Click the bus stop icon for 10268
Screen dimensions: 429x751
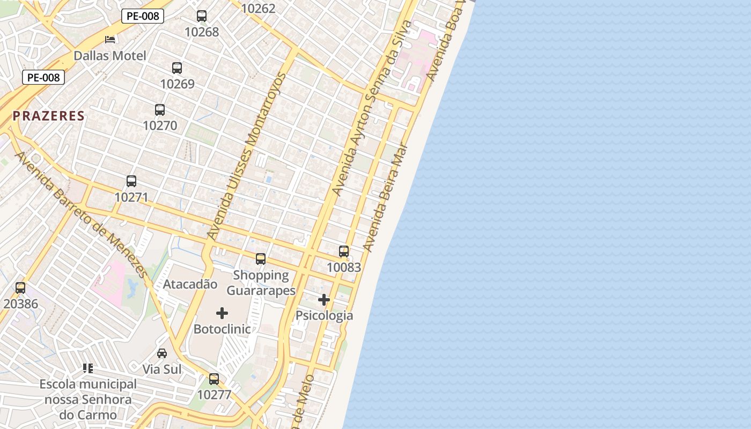point(202,16)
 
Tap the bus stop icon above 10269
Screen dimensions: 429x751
point(177,68)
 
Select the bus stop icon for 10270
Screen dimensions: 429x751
point(160,110)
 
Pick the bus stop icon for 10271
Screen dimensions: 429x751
point(131,181)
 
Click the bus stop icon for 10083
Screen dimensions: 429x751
point(344,251)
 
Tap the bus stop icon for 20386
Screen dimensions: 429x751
point(20,288)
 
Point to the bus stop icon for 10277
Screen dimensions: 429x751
point(214,379)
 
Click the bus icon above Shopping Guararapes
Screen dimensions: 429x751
point(261,259)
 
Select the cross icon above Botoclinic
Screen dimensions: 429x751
point(222,313)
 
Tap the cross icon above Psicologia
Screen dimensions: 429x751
point(324,300)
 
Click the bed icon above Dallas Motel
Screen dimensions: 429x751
point(110,40)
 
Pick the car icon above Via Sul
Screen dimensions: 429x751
point(162,353)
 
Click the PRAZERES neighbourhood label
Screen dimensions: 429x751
point(49,116)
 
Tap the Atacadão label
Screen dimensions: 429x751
point(190,284)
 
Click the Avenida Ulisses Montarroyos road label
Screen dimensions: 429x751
point(247,156)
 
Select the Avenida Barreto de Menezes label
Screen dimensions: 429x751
point(80,214)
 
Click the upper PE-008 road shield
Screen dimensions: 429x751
point(143,16)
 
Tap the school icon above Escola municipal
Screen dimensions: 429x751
point(88,368)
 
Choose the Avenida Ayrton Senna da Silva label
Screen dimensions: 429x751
point(372,107)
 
